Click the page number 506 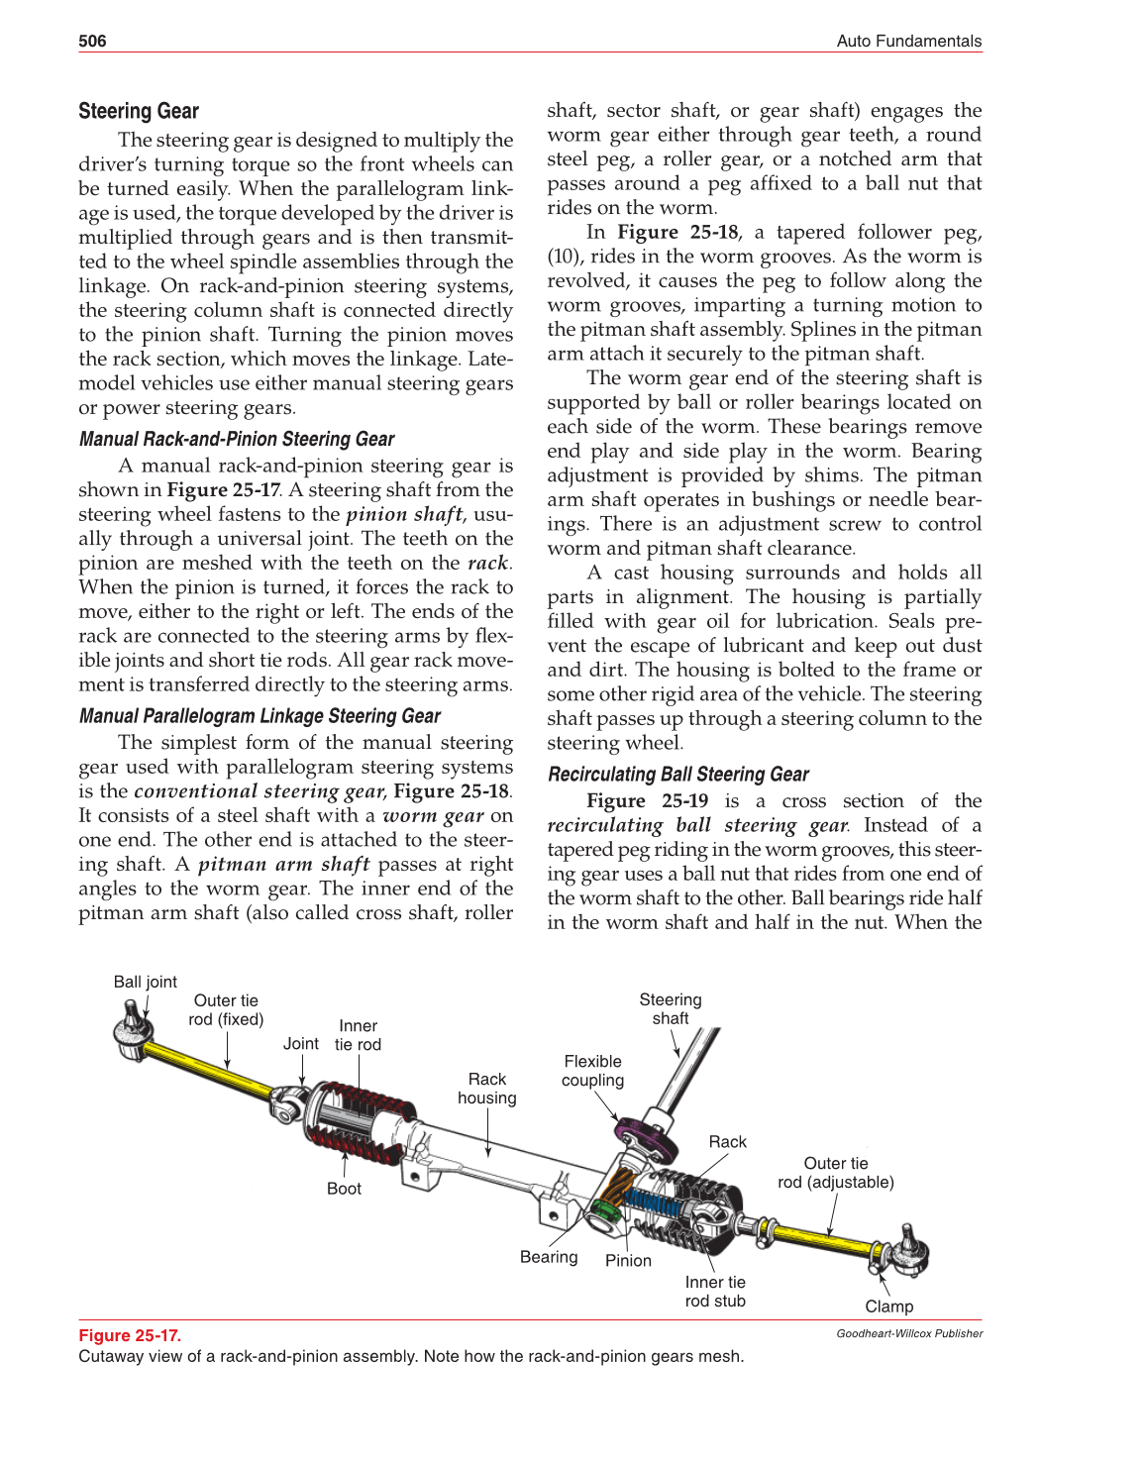click(x=92, y=41)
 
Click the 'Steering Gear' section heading click(x=139, y=111)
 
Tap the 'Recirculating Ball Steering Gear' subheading click(x=677, y=775)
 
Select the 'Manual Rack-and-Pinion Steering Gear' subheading click(x=236, y=439)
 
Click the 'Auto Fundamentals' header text click(x=908, y=41)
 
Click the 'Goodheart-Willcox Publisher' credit click(x=908, y=1333)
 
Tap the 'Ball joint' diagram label click(x=145, y=982)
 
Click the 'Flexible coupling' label click(x=592, y=1071)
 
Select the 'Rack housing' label click(x=486, y=1089)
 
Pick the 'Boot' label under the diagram click(x=344, y=1189)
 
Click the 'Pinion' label click(x=628, y=1260)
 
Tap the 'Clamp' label click(x=888, y=1307)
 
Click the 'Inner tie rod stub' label click(x=715, y=1292)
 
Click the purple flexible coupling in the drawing click(x=645, y=1139)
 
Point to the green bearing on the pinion click(x=604, y=1212)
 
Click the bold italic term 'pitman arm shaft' click(x=283, y=864)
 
